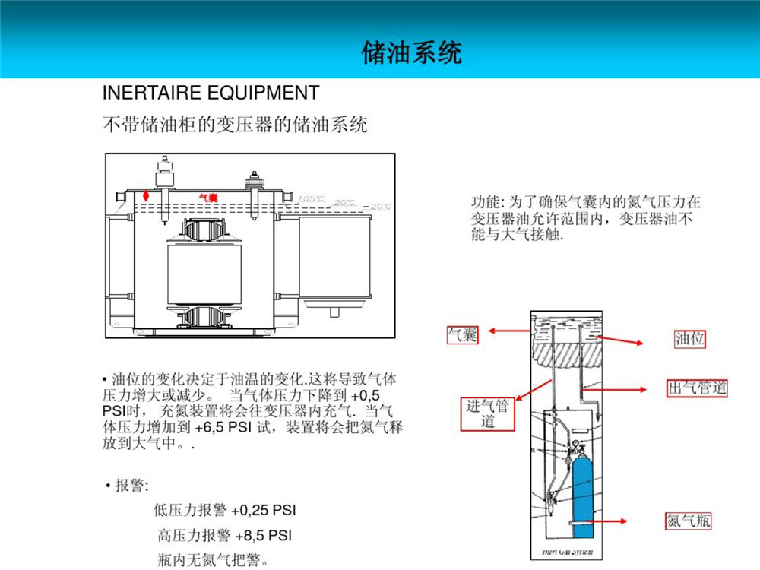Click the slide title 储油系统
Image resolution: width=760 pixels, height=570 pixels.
411,52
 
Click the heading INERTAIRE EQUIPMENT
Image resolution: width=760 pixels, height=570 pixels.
211,93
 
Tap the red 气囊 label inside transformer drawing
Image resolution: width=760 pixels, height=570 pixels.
208,197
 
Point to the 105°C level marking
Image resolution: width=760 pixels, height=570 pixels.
311,199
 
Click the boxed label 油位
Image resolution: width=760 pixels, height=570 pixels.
690,339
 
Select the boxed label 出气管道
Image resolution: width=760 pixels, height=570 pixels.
697,388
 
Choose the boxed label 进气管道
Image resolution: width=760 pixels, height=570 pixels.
487,413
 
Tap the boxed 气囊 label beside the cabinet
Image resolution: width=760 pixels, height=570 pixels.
462,334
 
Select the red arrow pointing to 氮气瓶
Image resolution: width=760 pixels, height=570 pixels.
609,521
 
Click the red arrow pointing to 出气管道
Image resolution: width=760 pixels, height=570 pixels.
623,388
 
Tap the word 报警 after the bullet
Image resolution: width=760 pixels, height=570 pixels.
131,485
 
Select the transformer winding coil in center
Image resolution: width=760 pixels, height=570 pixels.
204,273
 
